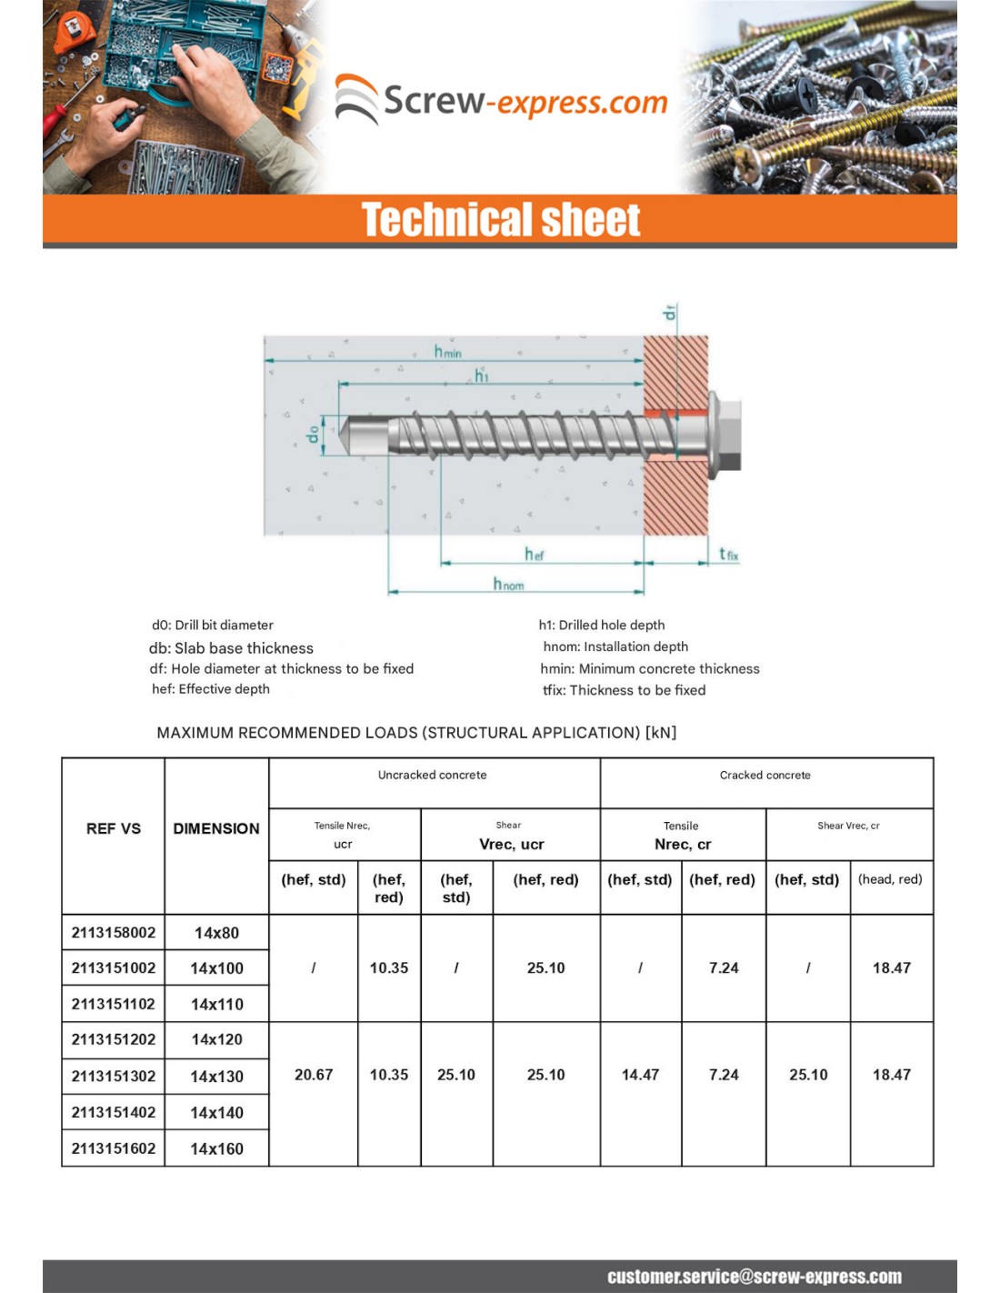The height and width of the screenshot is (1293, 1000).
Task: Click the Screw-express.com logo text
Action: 525,101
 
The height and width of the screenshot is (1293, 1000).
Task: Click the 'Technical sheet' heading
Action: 501,220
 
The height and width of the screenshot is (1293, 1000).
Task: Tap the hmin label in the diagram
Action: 447,352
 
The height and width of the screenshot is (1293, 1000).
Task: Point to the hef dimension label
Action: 534,554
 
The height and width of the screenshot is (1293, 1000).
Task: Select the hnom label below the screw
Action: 508,584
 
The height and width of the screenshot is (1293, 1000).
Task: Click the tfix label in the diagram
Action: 728,554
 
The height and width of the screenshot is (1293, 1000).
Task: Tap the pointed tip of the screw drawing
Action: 346,435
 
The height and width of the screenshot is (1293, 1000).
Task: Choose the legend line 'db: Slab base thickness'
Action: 231,648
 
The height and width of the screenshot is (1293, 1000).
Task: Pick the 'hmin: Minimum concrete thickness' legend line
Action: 650,668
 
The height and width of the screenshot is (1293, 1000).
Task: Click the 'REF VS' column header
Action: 114,828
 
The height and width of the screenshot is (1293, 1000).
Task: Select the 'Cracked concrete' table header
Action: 765,775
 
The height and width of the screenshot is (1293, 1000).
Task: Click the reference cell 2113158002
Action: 114,932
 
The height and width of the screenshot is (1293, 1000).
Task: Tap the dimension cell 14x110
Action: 217,1004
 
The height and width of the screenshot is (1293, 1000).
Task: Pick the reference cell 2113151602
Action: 114,1148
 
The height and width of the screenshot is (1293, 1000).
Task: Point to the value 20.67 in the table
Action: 314,1075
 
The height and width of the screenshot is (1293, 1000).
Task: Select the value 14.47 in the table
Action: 640,1075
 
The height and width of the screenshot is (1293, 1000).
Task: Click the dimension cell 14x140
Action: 217,1112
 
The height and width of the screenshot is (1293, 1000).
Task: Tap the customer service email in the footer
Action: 755,1277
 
